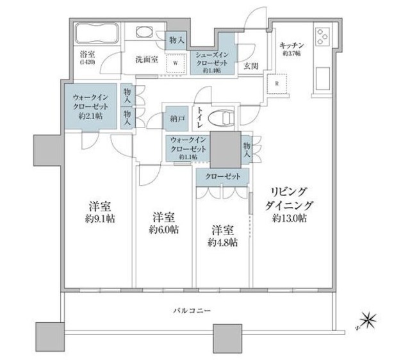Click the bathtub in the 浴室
[x=95, y=34]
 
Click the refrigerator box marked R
[x=276, y=83]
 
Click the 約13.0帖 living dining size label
[x=288, y=219]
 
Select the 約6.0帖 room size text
[x=163, y=229]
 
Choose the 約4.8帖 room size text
[x=223, y=243]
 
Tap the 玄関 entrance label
[x=250, y=64]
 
